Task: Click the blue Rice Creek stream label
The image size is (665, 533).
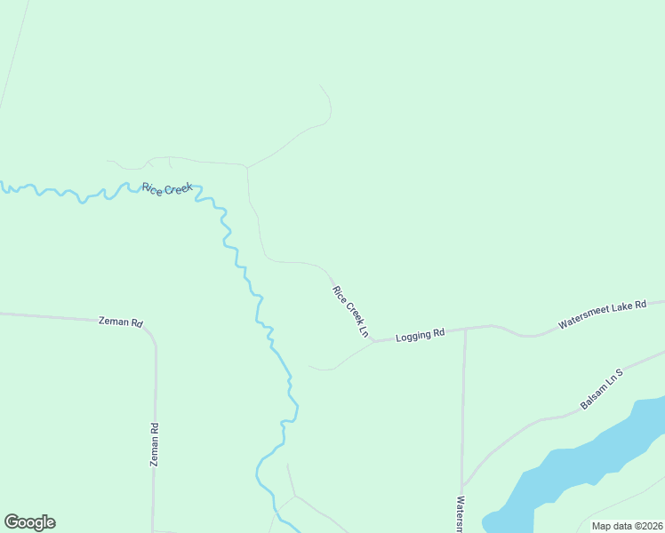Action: tap(167, 188)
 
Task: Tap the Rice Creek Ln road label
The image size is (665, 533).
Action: tap(351, 311)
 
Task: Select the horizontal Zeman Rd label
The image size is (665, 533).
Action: tap(120, 322)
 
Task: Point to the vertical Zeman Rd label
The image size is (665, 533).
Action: tap(155, 444)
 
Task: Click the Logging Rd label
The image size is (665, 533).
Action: tap(420, 335)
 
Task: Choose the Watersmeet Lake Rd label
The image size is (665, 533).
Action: tap(601, 315)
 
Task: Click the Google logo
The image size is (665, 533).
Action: tap(29, 522)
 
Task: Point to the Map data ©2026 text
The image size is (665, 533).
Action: tap(627, 526)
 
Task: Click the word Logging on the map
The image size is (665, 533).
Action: tap(413, 336)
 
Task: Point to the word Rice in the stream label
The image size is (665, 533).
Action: tap(152, 187)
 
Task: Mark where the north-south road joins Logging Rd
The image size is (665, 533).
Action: tap(465, 329)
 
